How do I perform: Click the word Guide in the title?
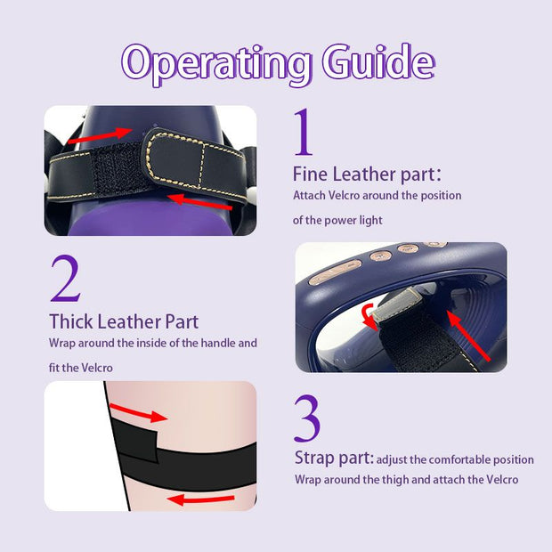(x=378, y=61)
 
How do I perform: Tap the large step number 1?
(x=304, y=132)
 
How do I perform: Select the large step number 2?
(x=66, y=279)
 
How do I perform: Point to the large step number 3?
(x=307, y=418)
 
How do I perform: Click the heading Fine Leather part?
(x=367, y=174)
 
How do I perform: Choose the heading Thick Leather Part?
(x=124, y=321)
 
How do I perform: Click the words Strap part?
(x=333, y=458)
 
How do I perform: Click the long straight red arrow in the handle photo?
(x=468, y=337)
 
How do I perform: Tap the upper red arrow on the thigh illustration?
(x=138, y=412)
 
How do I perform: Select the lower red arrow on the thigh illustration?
(x=200, y=499)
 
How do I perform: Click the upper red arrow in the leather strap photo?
(x=100, y=135)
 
